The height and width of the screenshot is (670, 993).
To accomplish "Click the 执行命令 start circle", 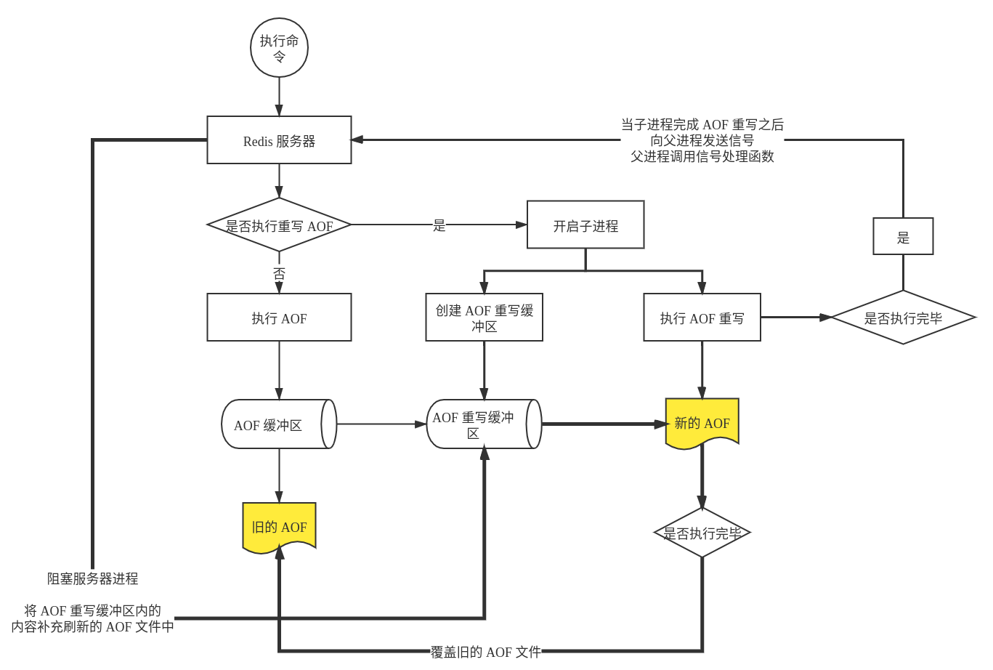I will coord(279,48).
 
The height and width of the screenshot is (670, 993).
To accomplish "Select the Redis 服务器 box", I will coord(279,140).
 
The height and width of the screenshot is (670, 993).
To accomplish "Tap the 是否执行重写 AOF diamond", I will coord(279,225).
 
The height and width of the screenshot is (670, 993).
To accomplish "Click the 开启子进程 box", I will coord(585,225).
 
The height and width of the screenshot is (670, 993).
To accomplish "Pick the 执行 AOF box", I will coord(279,318).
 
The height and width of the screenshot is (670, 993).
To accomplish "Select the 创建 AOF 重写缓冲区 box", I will coord(484,318).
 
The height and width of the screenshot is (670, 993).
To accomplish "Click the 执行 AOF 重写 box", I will coord(702,318).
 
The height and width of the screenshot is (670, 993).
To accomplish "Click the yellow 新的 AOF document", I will coord(702,423).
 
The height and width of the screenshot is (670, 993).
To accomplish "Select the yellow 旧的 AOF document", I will coord(279,527).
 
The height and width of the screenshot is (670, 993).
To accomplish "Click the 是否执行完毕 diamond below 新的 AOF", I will coord(702,533).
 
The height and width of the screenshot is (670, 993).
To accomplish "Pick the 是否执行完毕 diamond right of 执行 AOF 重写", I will coord(903,318).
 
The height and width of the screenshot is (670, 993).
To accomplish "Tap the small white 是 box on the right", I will coord(903,237).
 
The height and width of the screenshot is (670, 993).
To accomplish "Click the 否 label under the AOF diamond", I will coord(279,273).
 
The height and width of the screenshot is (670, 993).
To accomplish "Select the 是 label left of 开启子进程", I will coord(439,225).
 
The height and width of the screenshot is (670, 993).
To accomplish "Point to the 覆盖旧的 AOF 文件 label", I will coord(486,652).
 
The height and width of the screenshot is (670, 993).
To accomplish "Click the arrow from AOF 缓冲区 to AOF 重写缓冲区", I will coord(381,424).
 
